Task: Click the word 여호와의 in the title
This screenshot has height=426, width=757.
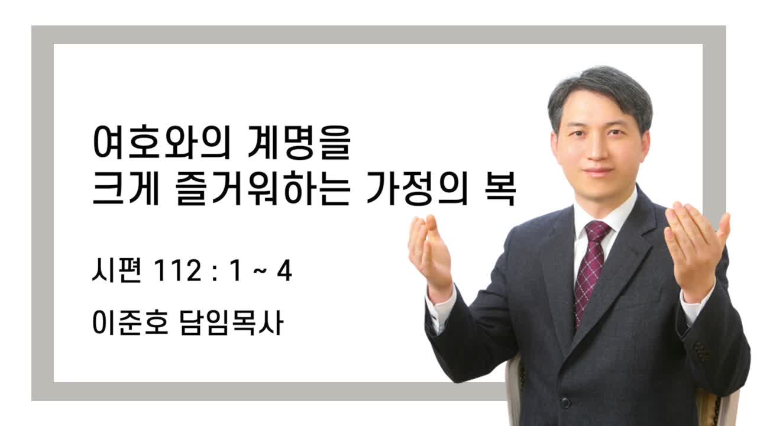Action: (x=160, y=142)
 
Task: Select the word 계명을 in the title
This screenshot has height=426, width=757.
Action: (x=299, y=142)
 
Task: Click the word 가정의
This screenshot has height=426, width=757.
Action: (x=417, y=188)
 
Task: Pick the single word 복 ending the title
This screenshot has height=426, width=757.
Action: (x=500, y=188)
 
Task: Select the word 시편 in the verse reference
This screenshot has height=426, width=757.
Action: (x=116, y=270)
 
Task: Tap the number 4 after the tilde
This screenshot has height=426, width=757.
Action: (x=284, y=271)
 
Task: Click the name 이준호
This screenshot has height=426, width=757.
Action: (x=130, y=322)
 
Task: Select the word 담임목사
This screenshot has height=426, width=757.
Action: (x=232, y=322)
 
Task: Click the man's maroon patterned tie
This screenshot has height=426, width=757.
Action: (x=592, y=270)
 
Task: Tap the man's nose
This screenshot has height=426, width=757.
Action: (x=597, y=150)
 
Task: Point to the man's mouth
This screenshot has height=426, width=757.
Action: (x=597, y=172)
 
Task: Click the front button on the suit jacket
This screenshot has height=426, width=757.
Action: (x=565, y=402)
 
